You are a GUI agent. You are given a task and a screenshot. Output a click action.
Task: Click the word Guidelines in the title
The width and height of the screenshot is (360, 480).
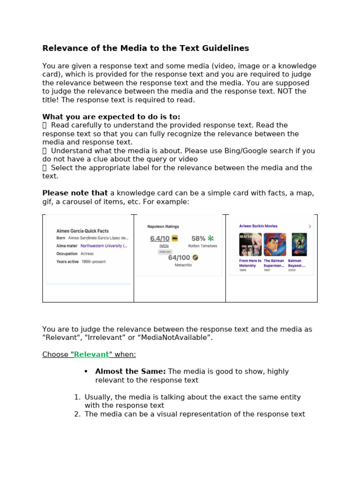click(x=227, y=48)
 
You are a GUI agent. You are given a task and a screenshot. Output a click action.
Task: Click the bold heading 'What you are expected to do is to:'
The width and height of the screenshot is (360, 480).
click(x=111, y=117)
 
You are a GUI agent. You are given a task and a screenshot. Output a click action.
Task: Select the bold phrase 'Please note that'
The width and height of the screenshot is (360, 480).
click(x=75, y=193)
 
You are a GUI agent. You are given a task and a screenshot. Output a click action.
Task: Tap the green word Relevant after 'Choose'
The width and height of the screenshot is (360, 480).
click(x=91, y=354)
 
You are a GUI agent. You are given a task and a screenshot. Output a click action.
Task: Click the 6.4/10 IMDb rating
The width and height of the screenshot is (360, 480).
click(x=160, y=239)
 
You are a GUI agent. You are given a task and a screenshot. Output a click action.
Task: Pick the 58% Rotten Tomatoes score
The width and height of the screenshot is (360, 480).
click(x=198, y=239)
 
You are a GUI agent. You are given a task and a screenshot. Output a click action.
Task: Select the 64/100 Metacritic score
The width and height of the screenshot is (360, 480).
click(x=179, y=257)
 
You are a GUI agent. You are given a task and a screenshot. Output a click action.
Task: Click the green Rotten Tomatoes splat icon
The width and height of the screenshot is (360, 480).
click(x=210, y=239)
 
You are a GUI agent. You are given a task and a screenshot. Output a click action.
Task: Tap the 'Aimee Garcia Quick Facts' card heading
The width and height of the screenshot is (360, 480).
click(x=82, y=231)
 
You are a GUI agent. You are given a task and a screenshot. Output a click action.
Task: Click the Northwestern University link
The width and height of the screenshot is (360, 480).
click(x=102, y=246)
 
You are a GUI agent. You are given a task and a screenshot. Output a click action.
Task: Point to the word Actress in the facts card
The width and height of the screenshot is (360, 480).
click(x=87, y=254)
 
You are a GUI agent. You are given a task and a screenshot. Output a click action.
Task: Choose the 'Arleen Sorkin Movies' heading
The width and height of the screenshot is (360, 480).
click(x=258, y=226)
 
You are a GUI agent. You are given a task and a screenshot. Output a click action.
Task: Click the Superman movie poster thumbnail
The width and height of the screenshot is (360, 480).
click(x=274, y=244)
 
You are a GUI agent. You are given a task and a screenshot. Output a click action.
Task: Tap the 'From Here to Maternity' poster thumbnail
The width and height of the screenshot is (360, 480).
click(x=250, y=244)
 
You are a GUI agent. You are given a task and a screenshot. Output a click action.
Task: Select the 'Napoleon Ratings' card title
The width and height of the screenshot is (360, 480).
click(x=163, y=226)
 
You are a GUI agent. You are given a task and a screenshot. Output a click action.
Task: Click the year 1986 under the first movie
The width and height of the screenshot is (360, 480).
click(x=243, y=270)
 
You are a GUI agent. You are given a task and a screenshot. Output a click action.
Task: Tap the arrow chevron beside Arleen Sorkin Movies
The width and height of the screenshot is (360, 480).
click(x=310, y=226)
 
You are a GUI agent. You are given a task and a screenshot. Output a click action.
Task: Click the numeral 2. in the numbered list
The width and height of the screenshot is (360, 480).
click(x=77, y=414)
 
